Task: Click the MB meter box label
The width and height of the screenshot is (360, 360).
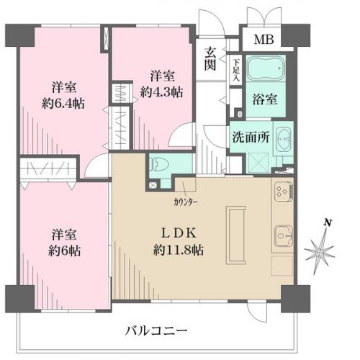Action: [x=264, y=40]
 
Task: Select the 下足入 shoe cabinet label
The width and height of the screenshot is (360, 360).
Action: [x=236, y=70]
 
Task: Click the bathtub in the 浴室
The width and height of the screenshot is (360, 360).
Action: [x=266, y=68]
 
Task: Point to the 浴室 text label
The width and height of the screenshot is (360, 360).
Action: [x=265, y=99]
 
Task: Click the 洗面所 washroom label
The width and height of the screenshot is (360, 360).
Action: [x=251, y=138]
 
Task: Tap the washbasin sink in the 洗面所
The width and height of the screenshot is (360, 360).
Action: [x=283, y=139]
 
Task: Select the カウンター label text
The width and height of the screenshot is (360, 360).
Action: [x=186, y=203]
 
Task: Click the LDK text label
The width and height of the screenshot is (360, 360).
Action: [x=179, y=233]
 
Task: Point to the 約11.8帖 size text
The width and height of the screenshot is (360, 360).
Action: [x=179, y=250]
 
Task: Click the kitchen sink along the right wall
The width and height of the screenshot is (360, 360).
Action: [x=284, y=235]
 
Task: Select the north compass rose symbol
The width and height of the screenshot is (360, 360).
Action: [x=320, y=252]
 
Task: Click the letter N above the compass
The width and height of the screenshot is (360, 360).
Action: [x=328, y=222]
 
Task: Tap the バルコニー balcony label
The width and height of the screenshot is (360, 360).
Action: [x=156, y=331]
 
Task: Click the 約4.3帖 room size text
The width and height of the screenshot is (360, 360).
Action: [x=162, y=92]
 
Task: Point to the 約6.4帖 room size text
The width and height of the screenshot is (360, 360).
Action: [x=63, y=104]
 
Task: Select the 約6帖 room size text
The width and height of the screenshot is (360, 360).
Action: [x=64, y=251]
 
